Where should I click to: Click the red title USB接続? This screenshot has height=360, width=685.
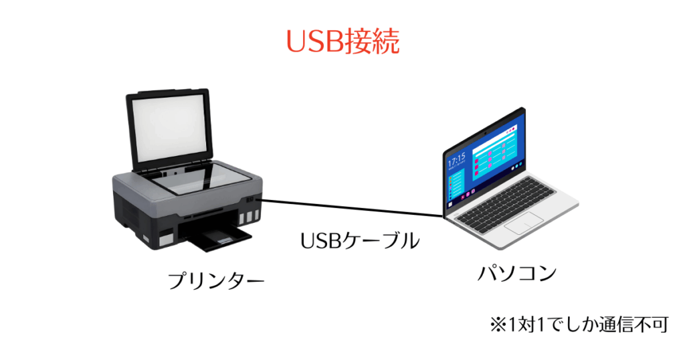(342, 42)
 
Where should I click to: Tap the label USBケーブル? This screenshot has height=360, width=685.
(360, 240)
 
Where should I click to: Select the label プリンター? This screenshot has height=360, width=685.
(216, 280)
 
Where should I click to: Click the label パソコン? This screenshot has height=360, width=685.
(517, 272)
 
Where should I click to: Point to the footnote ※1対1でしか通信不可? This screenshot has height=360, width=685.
(579, 325)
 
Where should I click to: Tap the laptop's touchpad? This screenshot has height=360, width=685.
(524, 222)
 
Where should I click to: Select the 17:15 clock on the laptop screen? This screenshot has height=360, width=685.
(456, 159)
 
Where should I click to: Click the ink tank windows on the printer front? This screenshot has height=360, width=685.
(249, 216)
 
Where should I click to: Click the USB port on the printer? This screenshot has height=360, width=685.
(250, 199)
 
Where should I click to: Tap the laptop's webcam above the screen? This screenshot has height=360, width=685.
(485, 130)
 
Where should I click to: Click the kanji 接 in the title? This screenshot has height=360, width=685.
(359, 42)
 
